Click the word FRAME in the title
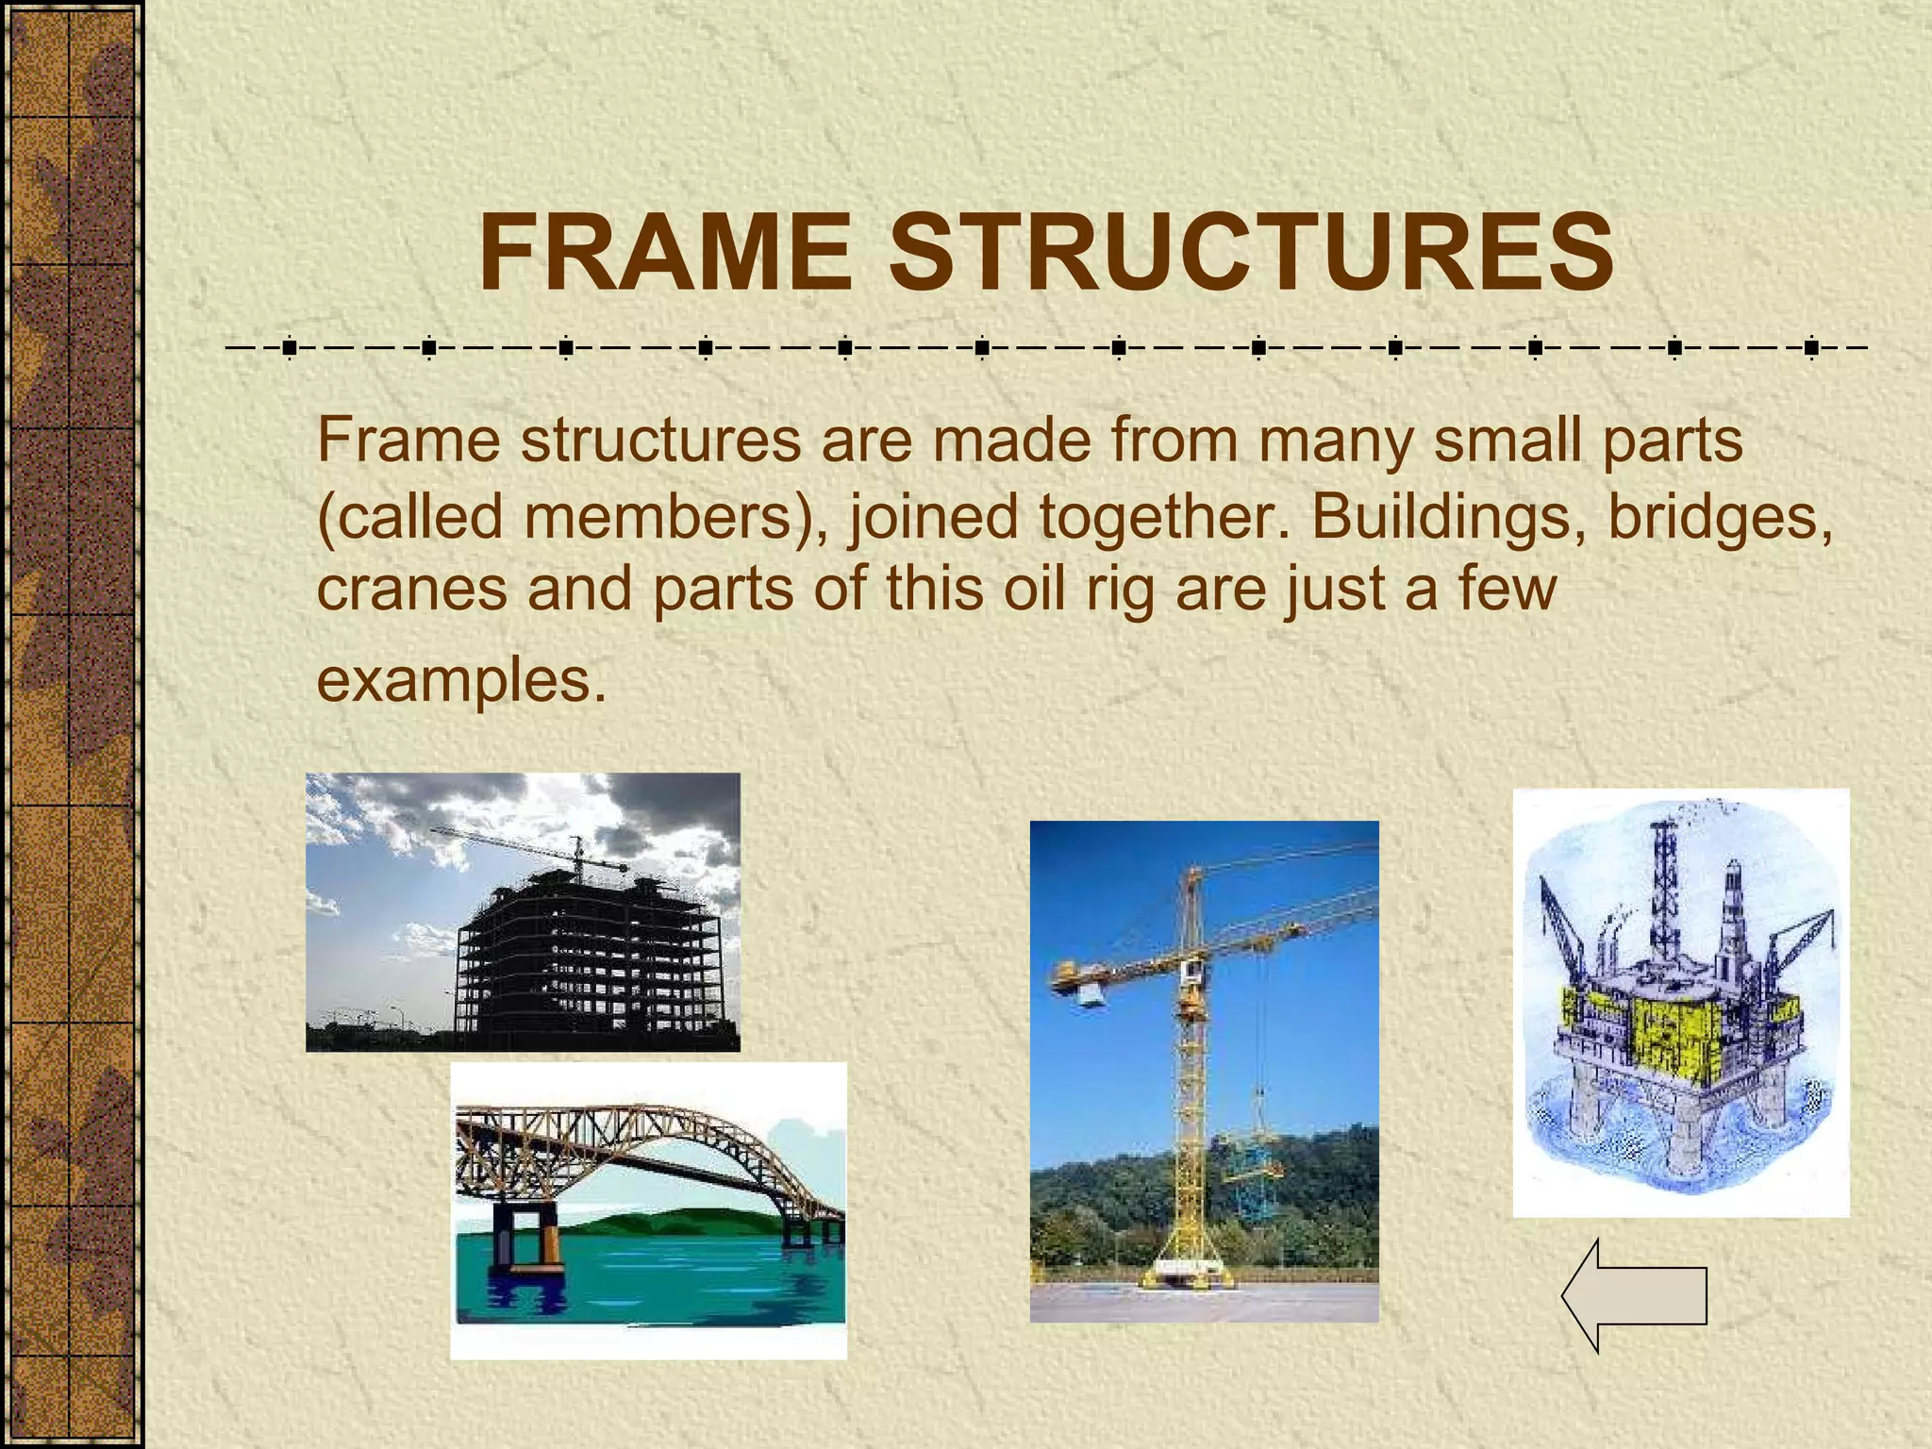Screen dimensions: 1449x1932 pos(665,254)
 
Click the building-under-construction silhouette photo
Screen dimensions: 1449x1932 pos(523,911)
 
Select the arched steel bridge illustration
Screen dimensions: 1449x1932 pos(648,1209)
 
